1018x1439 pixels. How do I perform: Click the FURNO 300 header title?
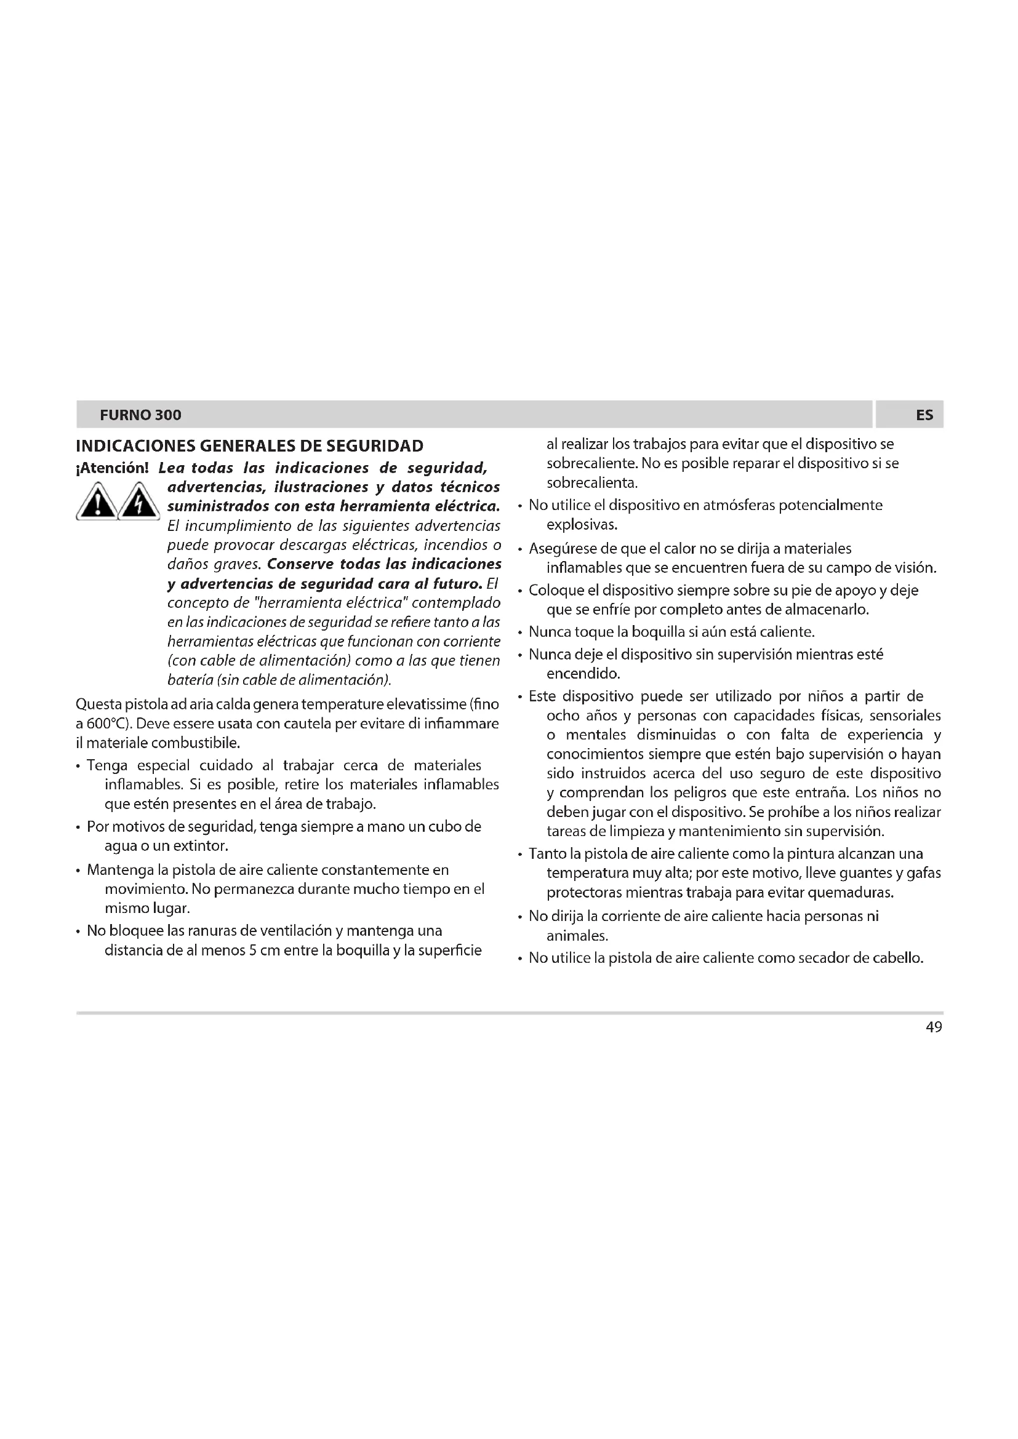click(x=140, y=415)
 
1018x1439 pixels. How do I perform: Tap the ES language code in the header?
click(x=924, y=415)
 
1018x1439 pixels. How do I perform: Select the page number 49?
click(x=934, y=1027)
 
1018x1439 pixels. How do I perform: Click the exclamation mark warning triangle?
click(x=96, y=503)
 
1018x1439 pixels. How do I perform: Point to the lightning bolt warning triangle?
click(x=139, y=503)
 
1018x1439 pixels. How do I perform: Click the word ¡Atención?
click(x=112, y=468)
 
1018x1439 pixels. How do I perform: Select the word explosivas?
click(x=582, y=525)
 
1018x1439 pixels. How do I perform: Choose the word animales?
click(x=577, y=936)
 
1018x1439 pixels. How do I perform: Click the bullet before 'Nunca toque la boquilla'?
click(x=520, y=632)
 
